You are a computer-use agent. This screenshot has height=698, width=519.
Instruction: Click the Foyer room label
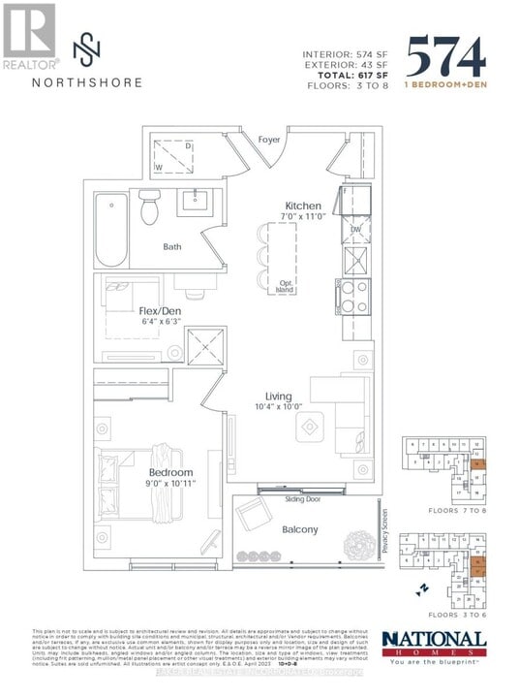tap(268, 140)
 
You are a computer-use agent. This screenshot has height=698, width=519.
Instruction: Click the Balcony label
tap(299, 529)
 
